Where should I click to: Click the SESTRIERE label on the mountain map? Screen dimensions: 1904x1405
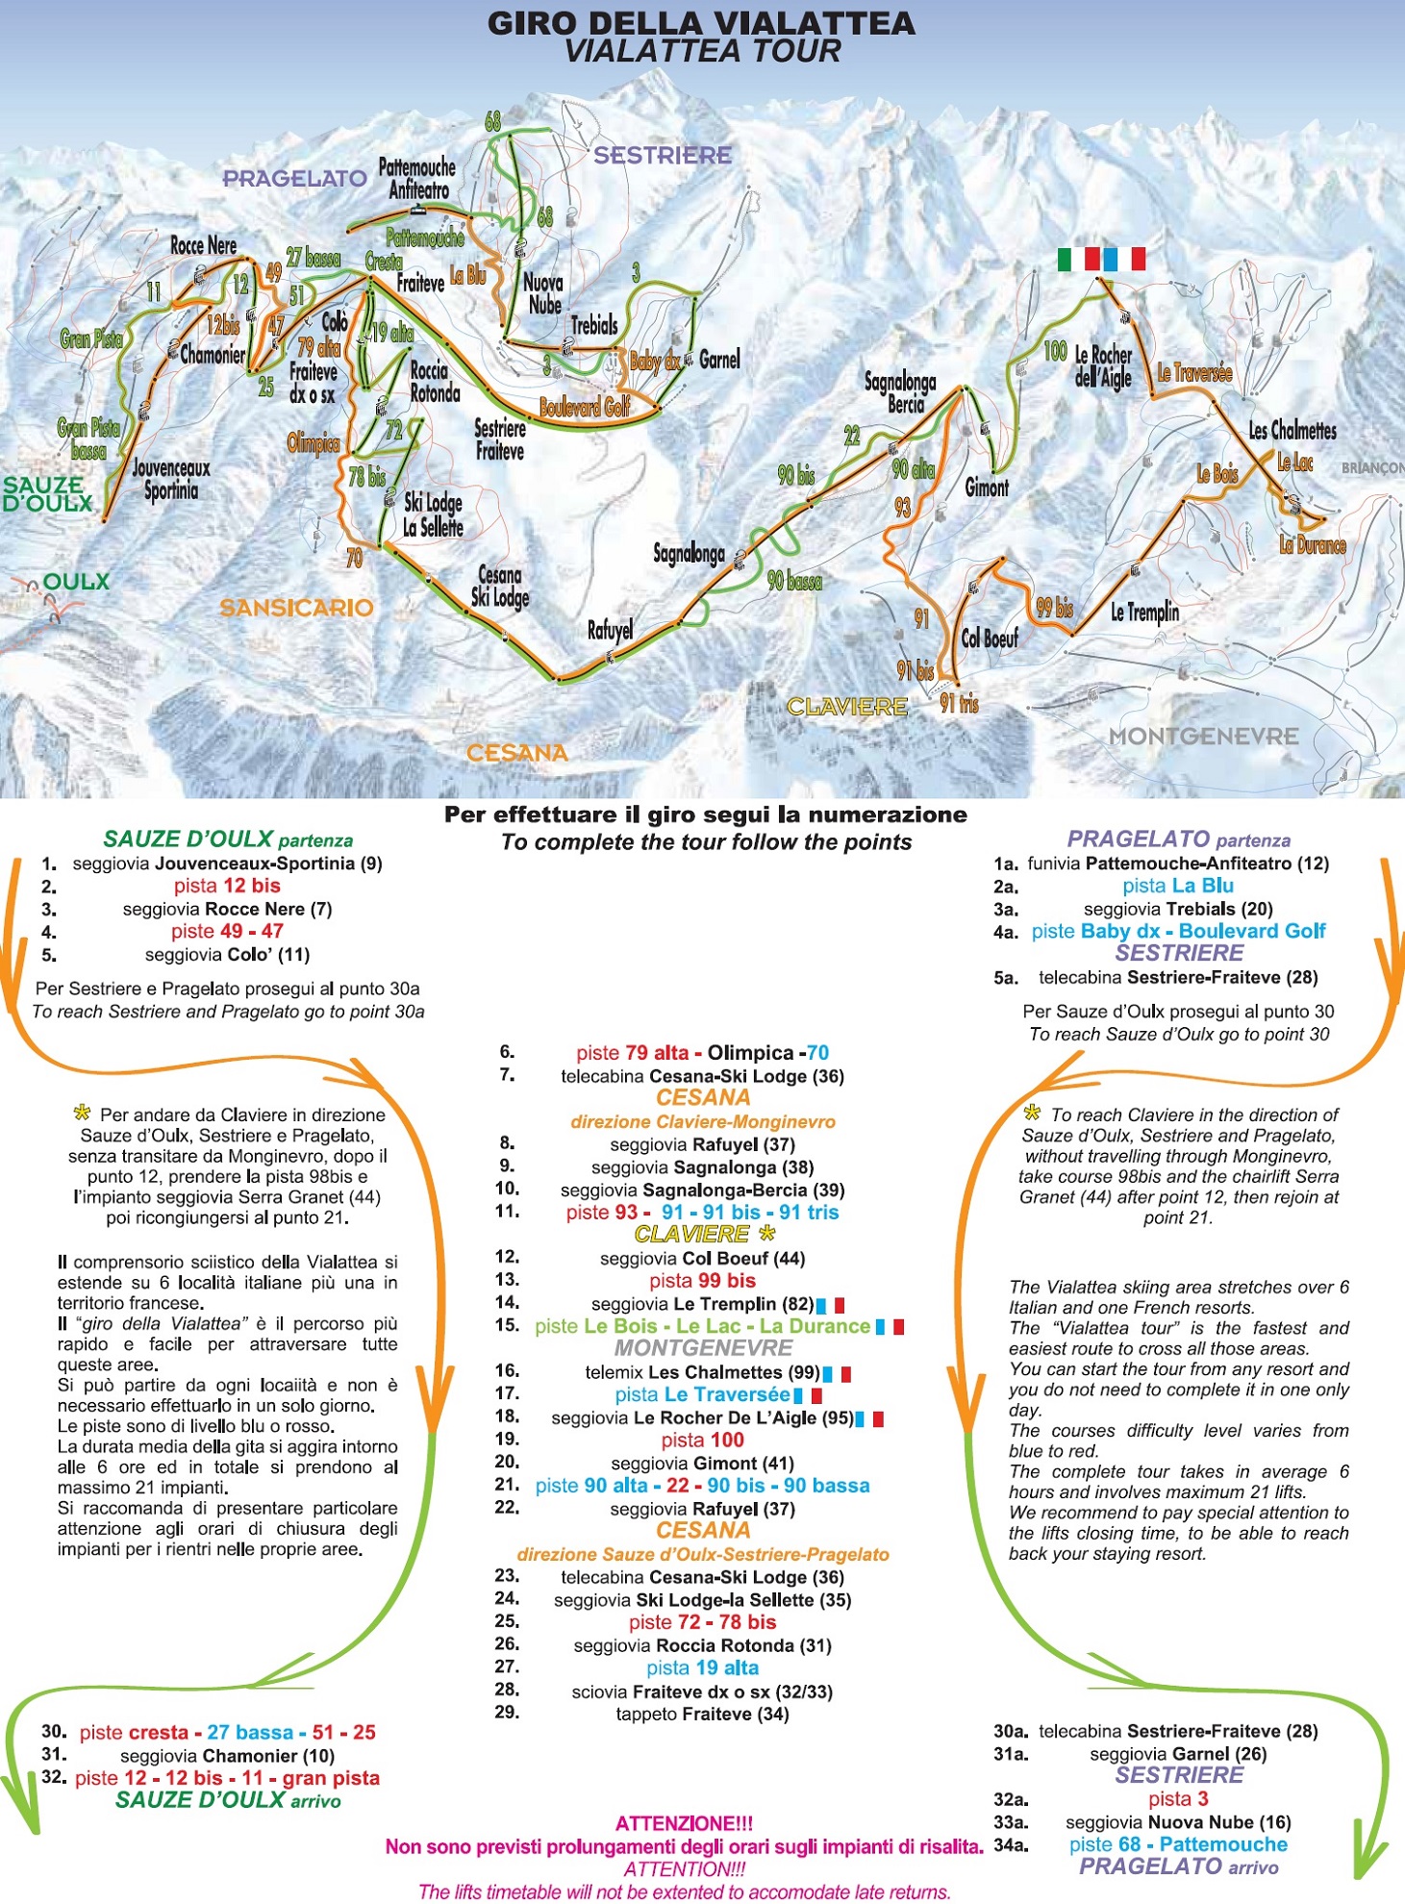tap(662, 156)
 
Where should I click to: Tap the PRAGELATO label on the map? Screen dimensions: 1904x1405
tap(294, 179)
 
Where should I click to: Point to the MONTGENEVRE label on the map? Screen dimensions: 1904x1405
tap(1203, 737)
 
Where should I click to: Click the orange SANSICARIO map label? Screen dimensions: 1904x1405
tap(296, 608)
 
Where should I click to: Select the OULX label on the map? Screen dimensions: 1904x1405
tap(76, 582)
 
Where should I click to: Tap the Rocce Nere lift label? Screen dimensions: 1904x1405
tap(203, 246)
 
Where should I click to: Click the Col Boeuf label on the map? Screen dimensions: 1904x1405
tap(990, 638)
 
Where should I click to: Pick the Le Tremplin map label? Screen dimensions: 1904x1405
tap(1144, 612)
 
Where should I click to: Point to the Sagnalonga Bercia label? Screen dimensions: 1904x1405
tap(900, 393)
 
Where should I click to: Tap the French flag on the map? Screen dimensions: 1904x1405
tap(1123, 259)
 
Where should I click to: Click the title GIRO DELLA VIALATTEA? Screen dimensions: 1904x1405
tap(701, 23)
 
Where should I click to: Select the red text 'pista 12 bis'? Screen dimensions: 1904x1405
tap(227, 886)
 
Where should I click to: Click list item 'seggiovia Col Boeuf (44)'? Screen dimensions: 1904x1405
tap(702, 1258)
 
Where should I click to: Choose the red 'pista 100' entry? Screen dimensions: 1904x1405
tap(702, 1440)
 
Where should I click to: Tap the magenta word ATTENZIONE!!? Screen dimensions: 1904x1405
tap(684, 1823)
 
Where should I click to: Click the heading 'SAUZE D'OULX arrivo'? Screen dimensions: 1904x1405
tap(228, 1800)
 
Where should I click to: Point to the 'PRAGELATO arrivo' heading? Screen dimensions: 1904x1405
tap(1178, 1866)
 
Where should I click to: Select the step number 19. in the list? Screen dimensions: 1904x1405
tap(507, 1440)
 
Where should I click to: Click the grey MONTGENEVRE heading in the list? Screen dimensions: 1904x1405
tap(703, 1348)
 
